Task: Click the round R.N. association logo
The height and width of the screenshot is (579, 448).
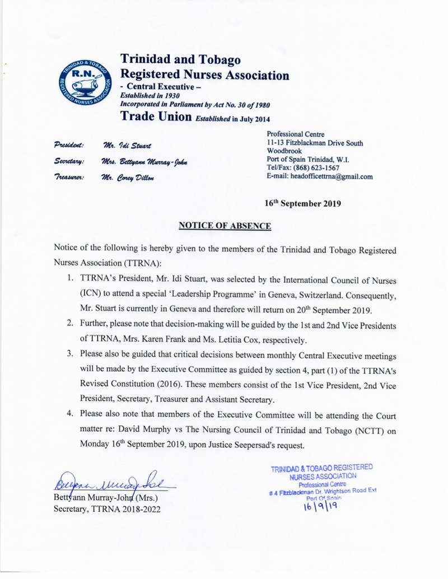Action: click(x=83, y=82)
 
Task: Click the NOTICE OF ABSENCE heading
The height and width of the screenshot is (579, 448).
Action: click(x=225, y=226)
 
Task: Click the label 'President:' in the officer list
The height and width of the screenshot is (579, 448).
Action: click(x=69, y=144)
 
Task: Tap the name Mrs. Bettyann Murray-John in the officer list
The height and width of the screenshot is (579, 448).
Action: click(x=145, y=161)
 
